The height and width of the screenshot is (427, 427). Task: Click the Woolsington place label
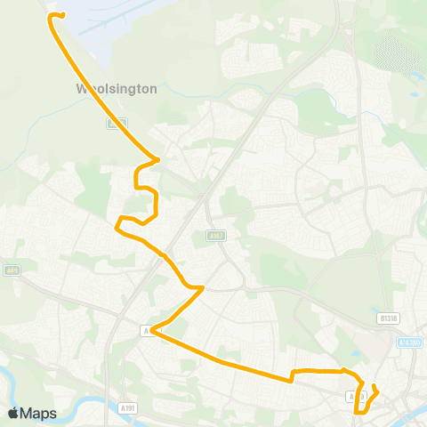[x=117, y=90]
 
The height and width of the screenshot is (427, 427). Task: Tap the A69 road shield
[x=11, y=271]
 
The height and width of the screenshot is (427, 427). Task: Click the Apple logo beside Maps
[x=13, y=413]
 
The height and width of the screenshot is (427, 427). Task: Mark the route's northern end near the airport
[x=62, y=15]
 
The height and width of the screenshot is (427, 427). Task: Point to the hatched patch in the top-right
[x=398, y=53]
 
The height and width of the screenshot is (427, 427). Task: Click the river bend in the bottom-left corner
[x=36, y=391]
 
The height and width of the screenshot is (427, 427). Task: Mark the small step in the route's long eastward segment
[x=293, y=375]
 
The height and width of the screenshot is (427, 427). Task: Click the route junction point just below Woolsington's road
[x=157, y=160]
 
